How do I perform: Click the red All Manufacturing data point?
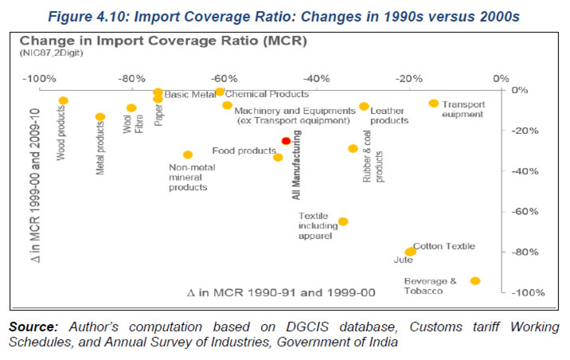point(286,141)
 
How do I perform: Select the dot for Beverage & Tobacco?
point(475,280)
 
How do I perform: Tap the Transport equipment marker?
point(434,104)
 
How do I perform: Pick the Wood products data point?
point(63,100)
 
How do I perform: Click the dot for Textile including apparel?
point(343,221)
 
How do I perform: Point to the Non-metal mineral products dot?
point(188,155)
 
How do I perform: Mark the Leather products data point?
point(364,106)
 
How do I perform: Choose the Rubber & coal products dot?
point(353,148)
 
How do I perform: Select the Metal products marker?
point(100,117)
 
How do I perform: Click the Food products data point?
point(278,158)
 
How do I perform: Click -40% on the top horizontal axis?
point(316,79)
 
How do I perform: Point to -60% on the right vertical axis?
point(525,211)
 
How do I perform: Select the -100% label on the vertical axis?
point(528,292)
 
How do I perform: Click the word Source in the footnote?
point(33,327)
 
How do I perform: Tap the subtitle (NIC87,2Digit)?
point(51,53)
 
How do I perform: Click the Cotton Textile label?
point(444,246)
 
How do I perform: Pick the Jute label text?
point(403,260)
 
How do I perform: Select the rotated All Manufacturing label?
point(296,165)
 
